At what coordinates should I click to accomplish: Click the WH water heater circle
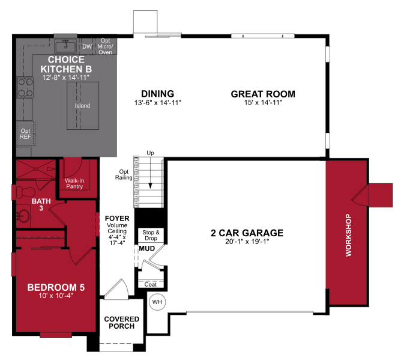(157, 302)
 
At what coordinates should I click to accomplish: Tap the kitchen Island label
(82, 106)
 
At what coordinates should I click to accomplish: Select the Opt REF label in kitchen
(25, 133)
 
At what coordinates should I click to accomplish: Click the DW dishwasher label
(86, 46)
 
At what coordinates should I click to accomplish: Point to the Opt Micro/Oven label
(105, 46)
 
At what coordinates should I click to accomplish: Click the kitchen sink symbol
(64, 46)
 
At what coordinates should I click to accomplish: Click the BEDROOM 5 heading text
(56, 287)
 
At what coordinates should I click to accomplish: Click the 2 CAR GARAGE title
(246, 233)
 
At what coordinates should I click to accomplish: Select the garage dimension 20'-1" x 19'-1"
(246, 242)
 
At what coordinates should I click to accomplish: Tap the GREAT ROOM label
(263, 94)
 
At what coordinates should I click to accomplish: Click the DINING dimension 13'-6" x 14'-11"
(157, 103)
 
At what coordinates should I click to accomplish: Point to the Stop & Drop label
(150, 234)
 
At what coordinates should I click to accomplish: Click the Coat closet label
(150, 284)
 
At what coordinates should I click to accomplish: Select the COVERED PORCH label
(122, 323)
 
